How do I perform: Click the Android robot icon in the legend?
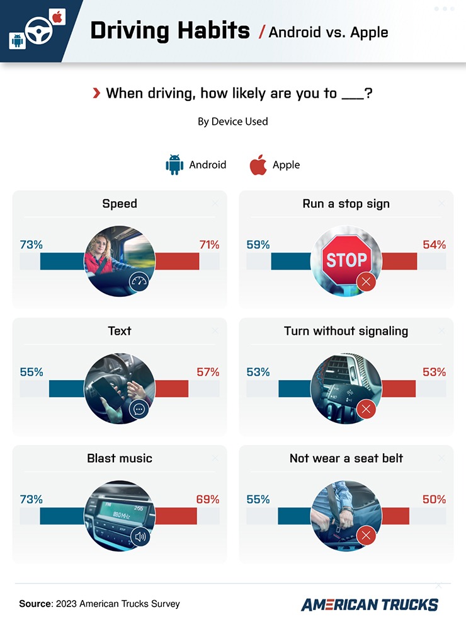(x=174, y=165)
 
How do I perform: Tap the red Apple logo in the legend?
(x=258, y=165)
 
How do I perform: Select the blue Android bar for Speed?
(x=62, y=261)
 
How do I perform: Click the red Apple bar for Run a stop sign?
(x=399, y=261)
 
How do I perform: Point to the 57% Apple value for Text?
(x=208, y=372)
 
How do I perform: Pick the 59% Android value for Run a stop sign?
(x=258, y=245)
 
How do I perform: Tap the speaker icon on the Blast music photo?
(x=139, y=536)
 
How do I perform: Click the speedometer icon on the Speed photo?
(x=139, y=282)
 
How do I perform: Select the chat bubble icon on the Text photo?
(x=139, y=410)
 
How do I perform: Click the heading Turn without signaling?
(x=346, y=331)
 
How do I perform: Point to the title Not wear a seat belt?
(x=346, y=458)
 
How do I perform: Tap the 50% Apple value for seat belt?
(x=434, y=499)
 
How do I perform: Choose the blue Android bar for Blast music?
(x=62, y=516)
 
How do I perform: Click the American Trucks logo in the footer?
(x=370, y=604)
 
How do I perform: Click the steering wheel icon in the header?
(x=38, y=30)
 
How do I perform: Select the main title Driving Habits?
(x=170, y=30)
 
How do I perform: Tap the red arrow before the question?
(x=96, y=94)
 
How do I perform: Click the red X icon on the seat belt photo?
(x=366, y=536)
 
